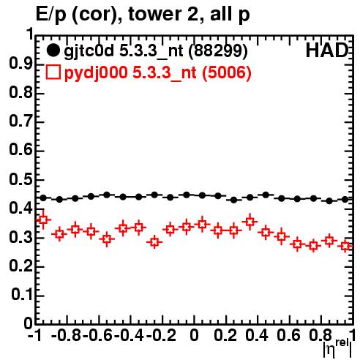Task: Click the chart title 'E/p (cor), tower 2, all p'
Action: point(143,15)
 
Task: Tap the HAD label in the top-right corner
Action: point(326,50)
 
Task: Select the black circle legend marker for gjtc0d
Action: point(53,50)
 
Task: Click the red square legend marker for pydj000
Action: point(53,72)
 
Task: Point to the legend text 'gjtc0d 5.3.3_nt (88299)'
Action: point(156,51)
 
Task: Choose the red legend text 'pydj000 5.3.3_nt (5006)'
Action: point(157,73)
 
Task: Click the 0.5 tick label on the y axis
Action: point(21,180)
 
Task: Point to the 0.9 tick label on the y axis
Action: point(21,64)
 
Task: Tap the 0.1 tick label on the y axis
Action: point(22,295)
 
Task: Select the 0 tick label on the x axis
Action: point(194,335)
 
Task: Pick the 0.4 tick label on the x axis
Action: point(257,335)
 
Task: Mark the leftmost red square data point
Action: point(43,220)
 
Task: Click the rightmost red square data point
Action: point(345,246)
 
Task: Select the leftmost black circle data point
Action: point(43,198)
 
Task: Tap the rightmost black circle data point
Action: point(345,199)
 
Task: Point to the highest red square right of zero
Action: point(250,222)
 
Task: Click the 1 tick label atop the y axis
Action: point(30,34)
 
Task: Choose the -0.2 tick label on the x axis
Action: point(162,335)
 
